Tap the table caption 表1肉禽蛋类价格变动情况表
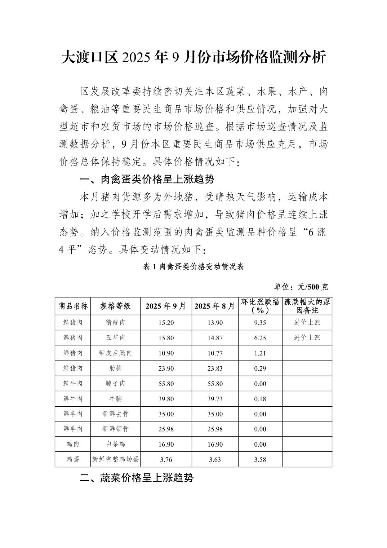coord(193,267)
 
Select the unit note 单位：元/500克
coord(301,287)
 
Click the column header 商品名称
coord(73,306)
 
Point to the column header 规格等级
coord(115,306)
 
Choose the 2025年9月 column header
coord(166,306)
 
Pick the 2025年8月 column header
coord(215,306)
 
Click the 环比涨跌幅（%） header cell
coord(260,306)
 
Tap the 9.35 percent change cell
coord(260,323)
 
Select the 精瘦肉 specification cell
coord(115,323)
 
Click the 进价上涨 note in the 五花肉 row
coord(307,338)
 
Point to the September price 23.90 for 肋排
coord(166,368)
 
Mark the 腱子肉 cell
coord(115,384)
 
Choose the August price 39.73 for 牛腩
coord(215,399)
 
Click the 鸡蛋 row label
coord(73,460)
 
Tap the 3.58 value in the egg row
coord(260,460)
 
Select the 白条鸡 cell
coord(115,445)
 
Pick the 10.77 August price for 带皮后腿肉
coord(215,353)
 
